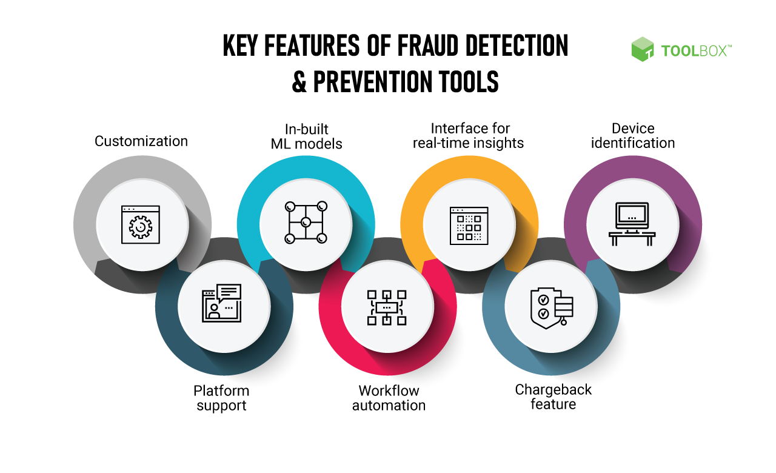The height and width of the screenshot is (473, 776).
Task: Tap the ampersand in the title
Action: [299, 81]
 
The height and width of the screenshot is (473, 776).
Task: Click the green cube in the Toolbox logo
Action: [642, 49]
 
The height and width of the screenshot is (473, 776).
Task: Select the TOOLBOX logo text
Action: [696, 51]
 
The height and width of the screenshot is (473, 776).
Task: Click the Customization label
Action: [141, 141]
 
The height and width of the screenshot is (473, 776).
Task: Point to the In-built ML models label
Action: [306, 136]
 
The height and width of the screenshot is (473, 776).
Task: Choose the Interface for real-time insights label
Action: [469, 136]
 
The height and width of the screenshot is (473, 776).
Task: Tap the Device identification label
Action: [633, 136]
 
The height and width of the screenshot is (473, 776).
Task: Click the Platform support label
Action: [221, 398]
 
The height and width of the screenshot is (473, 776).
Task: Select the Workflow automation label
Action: [389, 398]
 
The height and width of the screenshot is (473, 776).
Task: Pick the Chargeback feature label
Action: [554, 397]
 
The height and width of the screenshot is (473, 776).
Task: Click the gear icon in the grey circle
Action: [140, 227]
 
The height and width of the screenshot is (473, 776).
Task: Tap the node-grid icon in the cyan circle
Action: [306, 222]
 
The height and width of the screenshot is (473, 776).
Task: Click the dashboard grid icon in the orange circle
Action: [469, 226]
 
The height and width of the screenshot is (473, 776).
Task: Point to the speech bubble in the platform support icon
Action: [229, 292]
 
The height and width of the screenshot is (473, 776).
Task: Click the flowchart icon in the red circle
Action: [387, 307]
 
